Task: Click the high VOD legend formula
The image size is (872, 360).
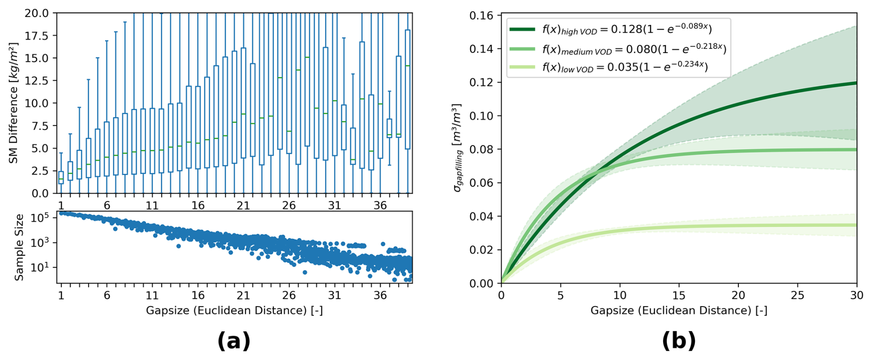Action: [627, 29]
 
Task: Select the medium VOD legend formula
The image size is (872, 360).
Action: [634, 48]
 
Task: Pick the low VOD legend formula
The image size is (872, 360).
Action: [625, 67]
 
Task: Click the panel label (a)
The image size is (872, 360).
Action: [234, 341]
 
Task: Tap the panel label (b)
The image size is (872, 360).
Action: [678, 341]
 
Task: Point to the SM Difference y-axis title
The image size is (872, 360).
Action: [14, 103]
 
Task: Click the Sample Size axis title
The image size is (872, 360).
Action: [19, 248]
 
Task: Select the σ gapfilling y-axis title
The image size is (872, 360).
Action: [457, 148]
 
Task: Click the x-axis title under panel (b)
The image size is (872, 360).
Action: [678, 310]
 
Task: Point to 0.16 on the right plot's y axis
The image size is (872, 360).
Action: [481, 16]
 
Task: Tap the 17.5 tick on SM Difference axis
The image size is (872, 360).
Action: [36, 36]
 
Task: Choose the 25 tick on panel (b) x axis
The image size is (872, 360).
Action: [797, 295]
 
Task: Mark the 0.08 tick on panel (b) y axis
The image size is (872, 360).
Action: [481, 149]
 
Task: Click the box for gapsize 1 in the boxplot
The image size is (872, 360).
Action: [61, 177]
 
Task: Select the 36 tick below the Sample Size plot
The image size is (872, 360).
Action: [380, 295]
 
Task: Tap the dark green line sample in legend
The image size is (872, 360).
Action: [522, 29]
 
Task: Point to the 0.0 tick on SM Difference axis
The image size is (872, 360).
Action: [40, 194]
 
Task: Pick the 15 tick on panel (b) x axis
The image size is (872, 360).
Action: [679, 295]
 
